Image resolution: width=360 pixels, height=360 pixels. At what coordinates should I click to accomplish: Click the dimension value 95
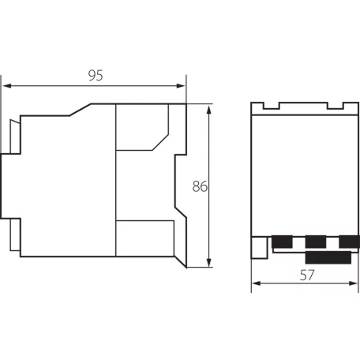(96, 76)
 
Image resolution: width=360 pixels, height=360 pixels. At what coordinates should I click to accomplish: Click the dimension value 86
(200, 186)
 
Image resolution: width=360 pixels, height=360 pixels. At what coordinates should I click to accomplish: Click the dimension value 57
(307, 276)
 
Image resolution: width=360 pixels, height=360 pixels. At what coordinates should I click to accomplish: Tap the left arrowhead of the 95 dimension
(7, 86)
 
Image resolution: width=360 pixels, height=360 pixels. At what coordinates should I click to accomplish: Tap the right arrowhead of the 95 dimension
(181, 86)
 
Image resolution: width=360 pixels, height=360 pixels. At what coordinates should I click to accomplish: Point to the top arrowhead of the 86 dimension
(209, 109)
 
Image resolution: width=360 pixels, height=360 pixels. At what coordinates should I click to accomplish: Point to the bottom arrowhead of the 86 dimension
(209, 263)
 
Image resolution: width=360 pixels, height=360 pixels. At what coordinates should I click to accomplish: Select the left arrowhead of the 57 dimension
(257, 283)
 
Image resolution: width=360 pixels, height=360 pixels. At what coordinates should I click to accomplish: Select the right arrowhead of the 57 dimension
(353, 283)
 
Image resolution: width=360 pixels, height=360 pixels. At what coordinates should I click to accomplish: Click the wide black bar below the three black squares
(328, 257)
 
